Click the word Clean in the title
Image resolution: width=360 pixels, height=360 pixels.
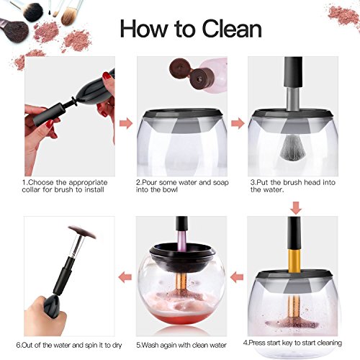(232, 29)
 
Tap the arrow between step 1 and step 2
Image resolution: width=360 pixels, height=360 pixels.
(126, 123)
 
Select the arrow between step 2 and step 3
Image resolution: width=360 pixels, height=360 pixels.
(238, 123)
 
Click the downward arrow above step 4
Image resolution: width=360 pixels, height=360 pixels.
(296, 208)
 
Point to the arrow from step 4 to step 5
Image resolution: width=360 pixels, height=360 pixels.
(237, 277)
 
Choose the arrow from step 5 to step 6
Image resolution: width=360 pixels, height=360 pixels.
(125, 277)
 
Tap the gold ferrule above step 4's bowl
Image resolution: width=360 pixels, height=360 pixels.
(294, 261)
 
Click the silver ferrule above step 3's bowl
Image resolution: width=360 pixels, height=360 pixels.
(292, 99)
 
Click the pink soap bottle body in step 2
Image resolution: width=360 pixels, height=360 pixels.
(215, 74)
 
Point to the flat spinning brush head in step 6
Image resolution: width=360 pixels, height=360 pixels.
(82, 232)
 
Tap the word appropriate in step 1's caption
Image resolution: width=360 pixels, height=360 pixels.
(87, 183)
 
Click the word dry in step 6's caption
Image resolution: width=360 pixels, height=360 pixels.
(117, 346)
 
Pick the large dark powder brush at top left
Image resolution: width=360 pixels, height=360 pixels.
(15, 30)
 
